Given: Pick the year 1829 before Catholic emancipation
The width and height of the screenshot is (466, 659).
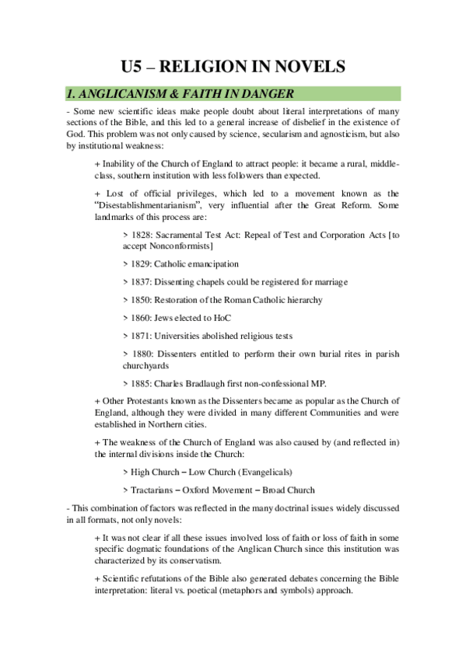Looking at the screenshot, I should pos(144,263).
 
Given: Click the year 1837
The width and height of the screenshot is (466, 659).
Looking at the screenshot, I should pos(144,281).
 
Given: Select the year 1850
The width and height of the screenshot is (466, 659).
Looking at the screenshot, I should pos(144,299).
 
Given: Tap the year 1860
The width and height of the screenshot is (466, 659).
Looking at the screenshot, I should pos(144,317).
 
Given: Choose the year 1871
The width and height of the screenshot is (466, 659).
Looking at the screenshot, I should pos(144,335).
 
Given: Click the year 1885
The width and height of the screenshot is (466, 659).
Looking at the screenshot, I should pos(144,382).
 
